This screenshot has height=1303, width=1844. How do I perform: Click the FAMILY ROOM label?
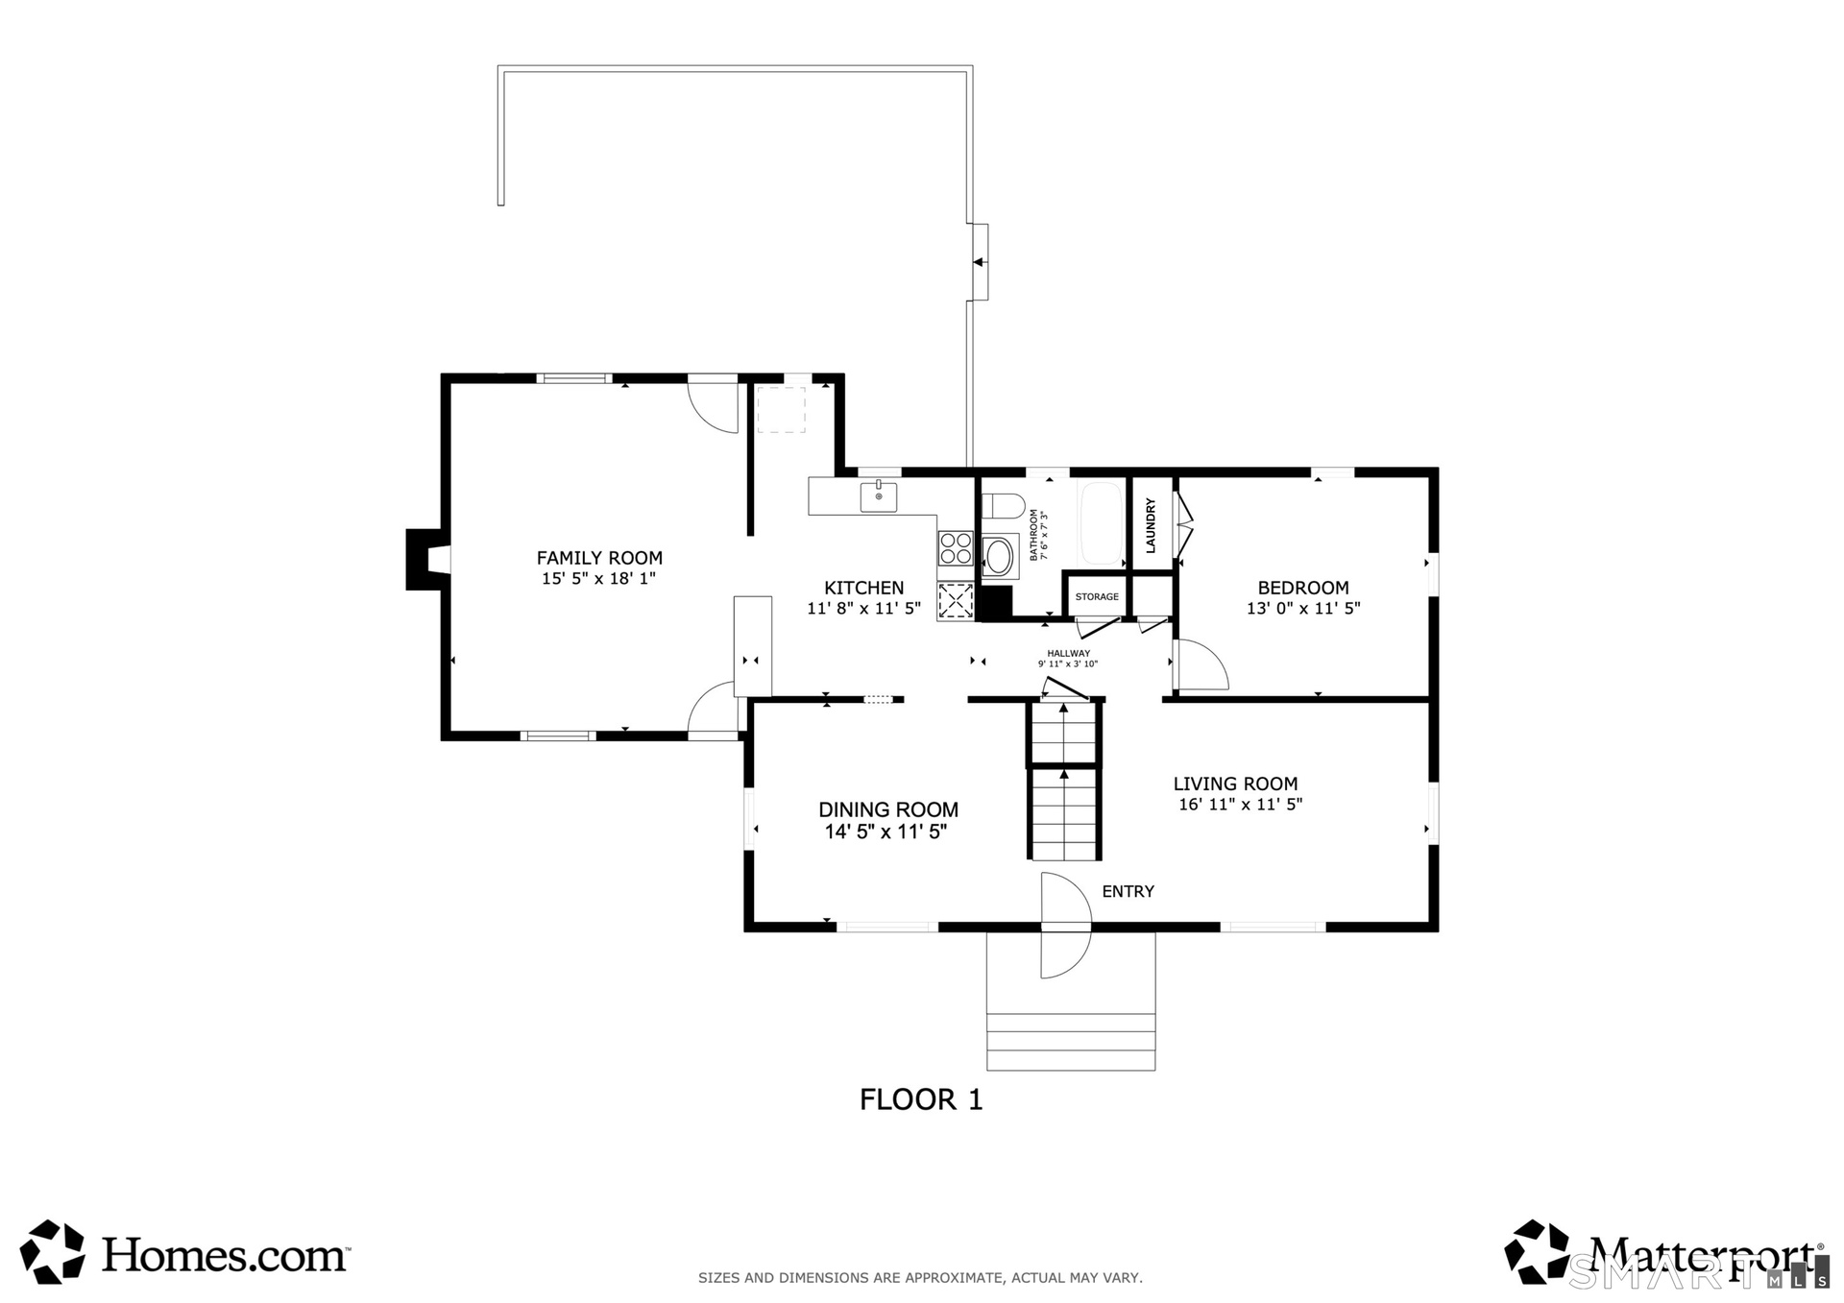[x=599, y=558]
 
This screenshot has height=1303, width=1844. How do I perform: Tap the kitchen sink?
[x=879, y=496]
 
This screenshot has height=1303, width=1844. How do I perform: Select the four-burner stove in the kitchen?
[x=956, y=548]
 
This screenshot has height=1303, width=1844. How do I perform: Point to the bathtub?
[x=1102, y=523]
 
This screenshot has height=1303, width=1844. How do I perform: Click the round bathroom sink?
[x=999, y=556]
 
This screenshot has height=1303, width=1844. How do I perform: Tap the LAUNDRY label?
[x=1151, y=525]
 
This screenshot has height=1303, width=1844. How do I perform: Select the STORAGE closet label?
[x=1097, y=597]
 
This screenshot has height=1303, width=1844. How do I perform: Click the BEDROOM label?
[x=1303, y=588]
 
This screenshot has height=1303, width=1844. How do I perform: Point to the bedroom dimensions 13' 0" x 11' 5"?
[x=1303, y=609]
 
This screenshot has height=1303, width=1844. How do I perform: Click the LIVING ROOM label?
[x=1235, y=784]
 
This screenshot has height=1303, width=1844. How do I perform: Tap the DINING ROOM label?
[x=888, y=809]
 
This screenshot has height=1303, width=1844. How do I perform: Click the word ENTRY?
[x=1128, y=891]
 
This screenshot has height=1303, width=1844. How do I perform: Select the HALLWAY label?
[x=1068, y=653]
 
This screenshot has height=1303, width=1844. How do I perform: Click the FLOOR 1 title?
[x=921, y=1099]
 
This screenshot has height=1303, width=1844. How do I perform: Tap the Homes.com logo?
[x=184, y=1252]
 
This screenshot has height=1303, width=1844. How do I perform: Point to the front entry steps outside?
[x=1071, y=1042]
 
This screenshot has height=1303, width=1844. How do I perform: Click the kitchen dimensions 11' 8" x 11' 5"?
[x=863, y=609]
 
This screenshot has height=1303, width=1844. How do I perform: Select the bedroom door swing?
[x=1202, y=664]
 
